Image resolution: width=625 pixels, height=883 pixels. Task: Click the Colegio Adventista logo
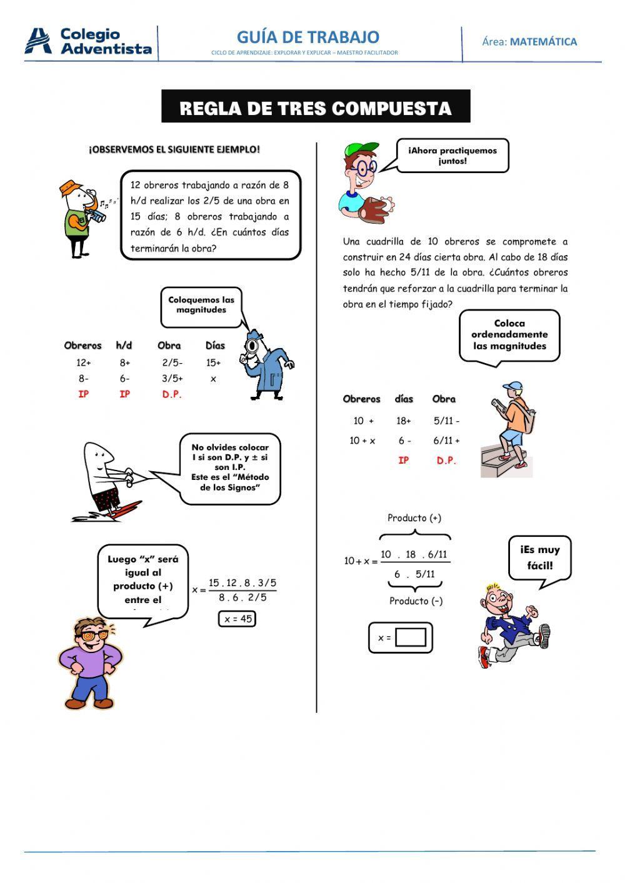tap(88, 42)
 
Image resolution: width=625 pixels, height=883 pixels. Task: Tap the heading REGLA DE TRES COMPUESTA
tap(316, 107)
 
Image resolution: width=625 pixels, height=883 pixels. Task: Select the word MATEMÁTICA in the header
tap(543, 42)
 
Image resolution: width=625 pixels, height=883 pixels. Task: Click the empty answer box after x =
tap(411, 637)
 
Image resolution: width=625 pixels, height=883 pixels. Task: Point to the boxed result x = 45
tap(237, 619)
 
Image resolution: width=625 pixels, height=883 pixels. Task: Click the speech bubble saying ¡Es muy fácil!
tap(539, 558)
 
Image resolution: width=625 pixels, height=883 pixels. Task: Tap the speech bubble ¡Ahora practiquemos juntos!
tap(452, 156)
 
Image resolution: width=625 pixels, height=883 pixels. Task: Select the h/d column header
tap(124, 346)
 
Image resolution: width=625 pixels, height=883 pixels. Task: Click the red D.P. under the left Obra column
tap(172, 394)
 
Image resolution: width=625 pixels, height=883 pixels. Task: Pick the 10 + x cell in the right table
tap(362, 441)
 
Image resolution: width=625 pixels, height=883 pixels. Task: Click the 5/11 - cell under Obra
tap(446, 421)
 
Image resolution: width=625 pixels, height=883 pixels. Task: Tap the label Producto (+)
tap(414, 518)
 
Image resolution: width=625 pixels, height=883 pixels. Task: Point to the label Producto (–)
tap(416, 601)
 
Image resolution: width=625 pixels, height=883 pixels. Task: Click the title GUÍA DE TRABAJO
tap(307, 37)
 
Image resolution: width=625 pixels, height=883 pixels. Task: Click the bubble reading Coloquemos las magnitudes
tap(201, 305)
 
